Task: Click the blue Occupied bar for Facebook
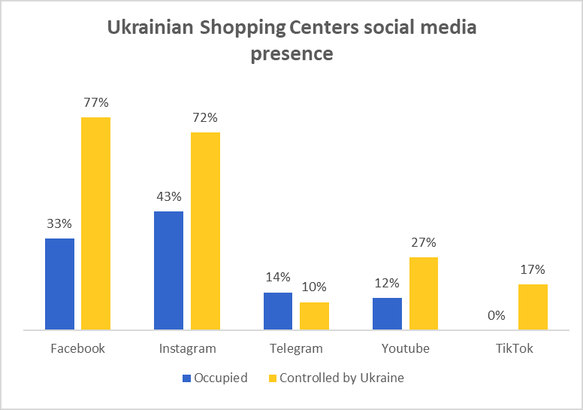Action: click(59, 284)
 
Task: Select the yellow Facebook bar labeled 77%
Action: click(95, 223)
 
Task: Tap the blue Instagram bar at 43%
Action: click(168, 270)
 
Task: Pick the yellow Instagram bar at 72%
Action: click(205, 231)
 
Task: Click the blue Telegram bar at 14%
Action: click(278, 311)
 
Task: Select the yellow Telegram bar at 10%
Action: click(314, 316)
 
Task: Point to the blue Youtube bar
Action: click(387, 314)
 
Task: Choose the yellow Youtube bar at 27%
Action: click(424, 293)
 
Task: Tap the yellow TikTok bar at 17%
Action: click(533, 307)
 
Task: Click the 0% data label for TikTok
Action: click(496, 316)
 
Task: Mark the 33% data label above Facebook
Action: click(59, 223)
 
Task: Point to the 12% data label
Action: click(387, 283)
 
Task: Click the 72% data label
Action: click(205, 117)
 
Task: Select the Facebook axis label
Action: click(77, 349)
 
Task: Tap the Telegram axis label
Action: click(296, 349)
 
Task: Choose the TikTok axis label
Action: click(514, 349)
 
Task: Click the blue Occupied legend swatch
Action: click(186, 378)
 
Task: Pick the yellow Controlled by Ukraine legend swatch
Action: click(272, 378)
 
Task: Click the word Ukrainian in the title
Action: click(150, 28)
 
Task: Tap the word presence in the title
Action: click(291, 54)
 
